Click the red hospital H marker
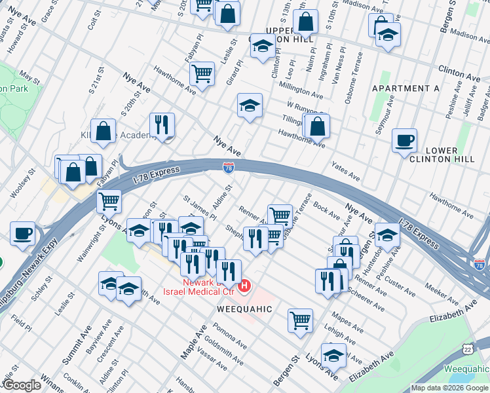(x=245, y=286)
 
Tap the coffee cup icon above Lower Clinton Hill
(x=404, y=140)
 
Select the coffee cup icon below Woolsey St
(x=23, y=233)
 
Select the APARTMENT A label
(x=405, y=88)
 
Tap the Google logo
(x=22, y=385)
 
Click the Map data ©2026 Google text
(x=449, y=388)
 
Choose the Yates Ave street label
(x=345, y=172)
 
